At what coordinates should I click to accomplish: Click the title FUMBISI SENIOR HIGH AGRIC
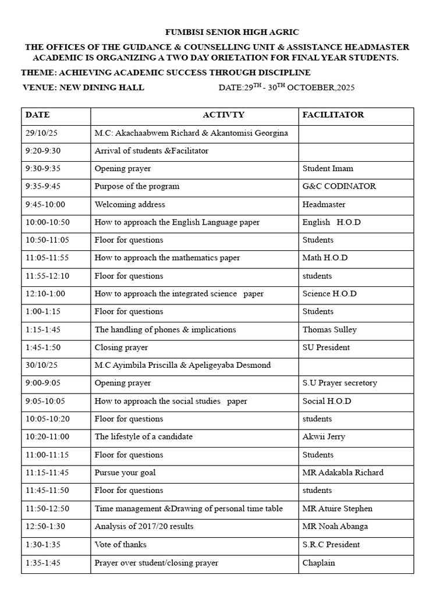coord(223,32)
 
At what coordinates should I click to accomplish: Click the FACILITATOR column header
coord(333,115)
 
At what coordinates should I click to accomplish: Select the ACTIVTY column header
coord(223,115)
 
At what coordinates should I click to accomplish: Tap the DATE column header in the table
coord(37,115)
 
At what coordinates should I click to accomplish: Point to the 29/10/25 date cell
coord(41,133)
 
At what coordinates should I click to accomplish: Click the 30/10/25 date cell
coord(41,365)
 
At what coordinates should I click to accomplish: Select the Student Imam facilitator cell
coord(328,169)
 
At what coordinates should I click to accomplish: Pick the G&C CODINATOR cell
coord(339,186)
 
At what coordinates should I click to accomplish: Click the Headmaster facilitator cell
coord(324,204)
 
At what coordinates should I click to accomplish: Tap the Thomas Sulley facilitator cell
coord(329,329)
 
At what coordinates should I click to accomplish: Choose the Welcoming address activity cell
coord(130,204)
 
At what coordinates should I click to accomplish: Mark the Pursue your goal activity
coord(125,473)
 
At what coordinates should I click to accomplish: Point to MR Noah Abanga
coord(335,526)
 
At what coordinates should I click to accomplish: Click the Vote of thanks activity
coord(120,544)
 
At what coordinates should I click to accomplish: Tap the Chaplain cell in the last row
coord(318,563)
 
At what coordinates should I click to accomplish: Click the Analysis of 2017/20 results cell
coord(144,526)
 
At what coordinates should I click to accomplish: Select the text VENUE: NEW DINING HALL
coord(83,88)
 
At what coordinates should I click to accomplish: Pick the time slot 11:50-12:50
coord(47,509)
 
